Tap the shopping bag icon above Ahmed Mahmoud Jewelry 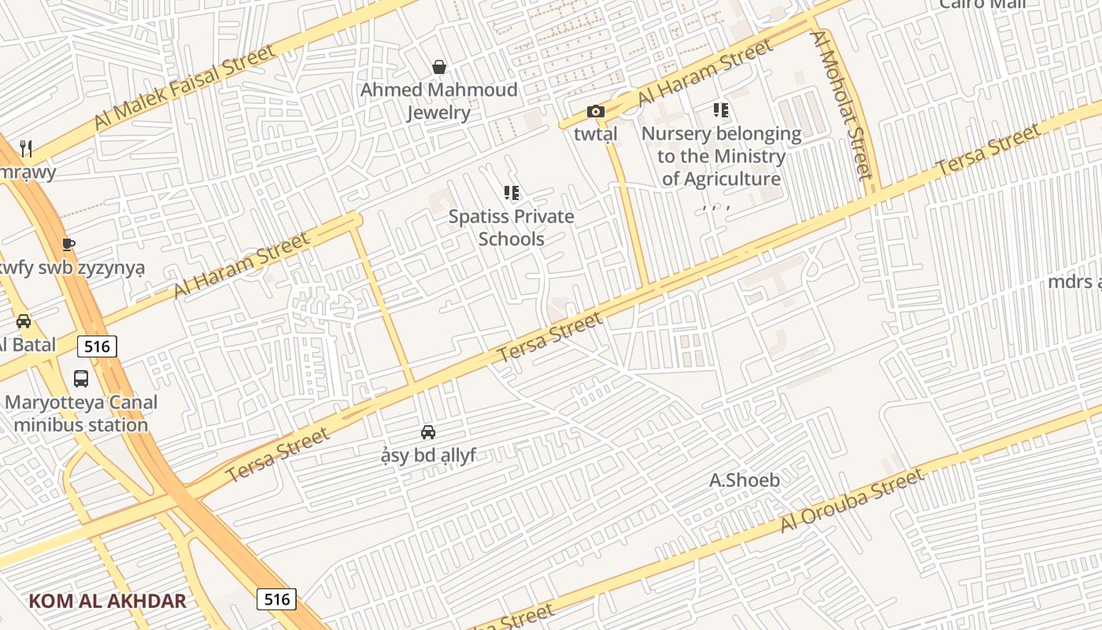pyautogui.click(x=439, y=68)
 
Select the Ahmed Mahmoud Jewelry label pyautogui.click(x=439, y=101)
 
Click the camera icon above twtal pyautogui.click(x=596, y=112)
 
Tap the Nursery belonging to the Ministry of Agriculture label pyautogui.click(x=721, y=156)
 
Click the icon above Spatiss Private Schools pyautogui.click(x=512, y=193)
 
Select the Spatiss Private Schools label pyautogui.click(x=512, y=228)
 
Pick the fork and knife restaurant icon pyautogui.click(x=26, y=148)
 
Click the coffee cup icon pyautogui.click(x=68, y=244)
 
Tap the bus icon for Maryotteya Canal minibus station pyautogui.click(x=81, y=379)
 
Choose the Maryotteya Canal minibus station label pyautogui.click(x=81, y=413)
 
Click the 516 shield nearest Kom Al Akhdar pyautogui.click(x=276, y=599)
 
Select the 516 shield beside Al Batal pyautogui.click(x=97, y=346)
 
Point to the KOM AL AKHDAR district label pyautogui.click(x=108, y=602)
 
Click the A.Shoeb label pyautogui.click(x=745, y=480)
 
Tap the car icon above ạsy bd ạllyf pyautogui.click(x=428, y=432)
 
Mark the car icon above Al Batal pyautogui.click(x=24, y=321)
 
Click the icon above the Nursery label pyautogui.click(x=721, y=110)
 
